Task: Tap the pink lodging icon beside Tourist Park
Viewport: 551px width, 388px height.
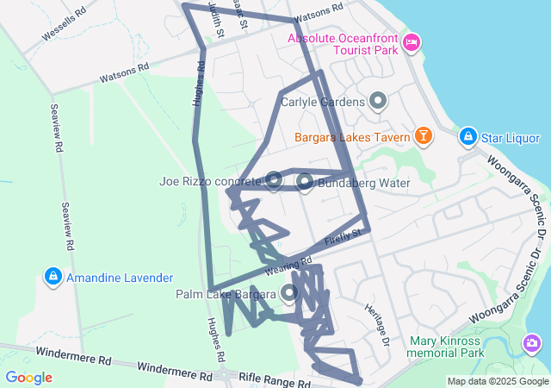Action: tap(412, 41)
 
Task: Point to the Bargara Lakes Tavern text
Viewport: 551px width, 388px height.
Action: tap(351, 136)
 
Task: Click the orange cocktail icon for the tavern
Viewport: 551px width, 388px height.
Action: tap(423, 136)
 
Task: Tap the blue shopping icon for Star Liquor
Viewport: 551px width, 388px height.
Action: tap(467, 136)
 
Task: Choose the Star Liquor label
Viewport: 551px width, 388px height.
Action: tap(511, 138)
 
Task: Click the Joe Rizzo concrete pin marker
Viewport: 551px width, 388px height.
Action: tap(274, 179)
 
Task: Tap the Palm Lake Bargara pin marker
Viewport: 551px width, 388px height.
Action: tap(288, 293)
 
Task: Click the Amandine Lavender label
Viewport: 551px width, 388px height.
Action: tap(120, 277)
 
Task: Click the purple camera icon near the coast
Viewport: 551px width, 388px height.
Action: tap(531, 343)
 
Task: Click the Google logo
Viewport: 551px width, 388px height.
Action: tap(28, 377)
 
